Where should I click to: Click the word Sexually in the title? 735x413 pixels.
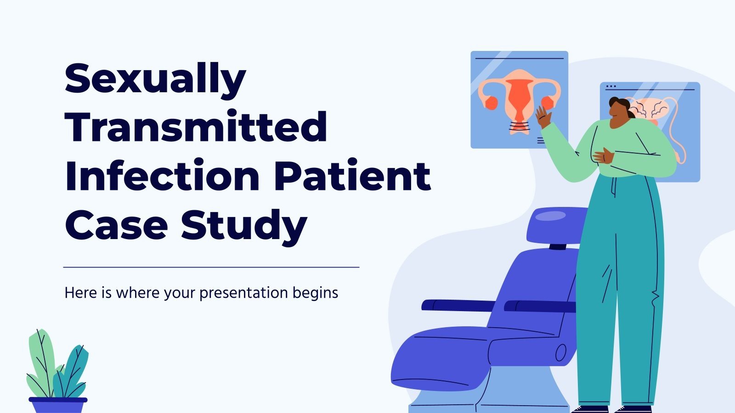156,80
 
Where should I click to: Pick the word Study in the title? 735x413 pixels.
244,227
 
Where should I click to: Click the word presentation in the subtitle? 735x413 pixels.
243,293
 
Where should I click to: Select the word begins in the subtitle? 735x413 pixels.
315,293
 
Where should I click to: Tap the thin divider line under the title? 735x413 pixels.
211,267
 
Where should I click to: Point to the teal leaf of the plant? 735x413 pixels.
74,370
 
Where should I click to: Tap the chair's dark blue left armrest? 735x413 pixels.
458,305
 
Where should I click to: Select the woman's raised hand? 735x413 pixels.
543,117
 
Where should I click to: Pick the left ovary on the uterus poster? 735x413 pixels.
492,103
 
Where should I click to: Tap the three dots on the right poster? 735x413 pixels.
611,87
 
